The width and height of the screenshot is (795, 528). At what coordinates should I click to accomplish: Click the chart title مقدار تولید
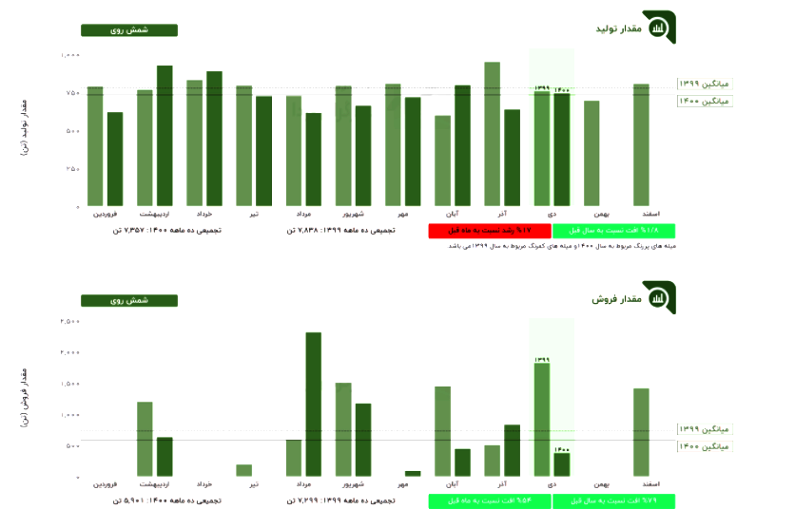[x=618, y=30]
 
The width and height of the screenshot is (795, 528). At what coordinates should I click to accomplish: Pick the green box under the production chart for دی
[x=614, y=231]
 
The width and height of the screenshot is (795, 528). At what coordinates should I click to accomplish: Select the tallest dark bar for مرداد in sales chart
[x=313, y=404]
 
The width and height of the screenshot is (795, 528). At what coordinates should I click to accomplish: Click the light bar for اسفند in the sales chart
[x=641, y=432]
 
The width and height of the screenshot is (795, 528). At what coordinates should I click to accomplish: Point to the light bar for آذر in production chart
[x=492, y=134]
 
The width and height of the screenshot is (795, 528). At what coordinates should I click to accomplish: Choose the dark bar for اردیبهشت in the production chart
[x=165, y=136]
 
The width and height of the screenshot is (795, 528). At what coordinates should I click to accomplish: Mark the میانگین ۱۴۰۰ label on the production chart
[x=705, y=101]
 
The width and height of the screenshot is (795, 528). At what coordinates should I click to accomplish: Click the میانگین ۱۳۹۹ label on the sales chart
[x=705, y=429]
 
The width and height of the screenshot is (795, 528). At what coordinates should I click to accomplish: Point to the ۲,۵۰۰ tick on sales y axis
[x=69, y=322]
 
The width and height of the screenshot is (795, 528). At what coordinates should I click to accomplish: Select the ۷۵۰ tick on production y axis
[x=71, y=93]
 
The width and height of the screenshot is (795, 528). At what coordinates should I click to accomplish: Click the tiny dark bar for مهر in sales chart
[x=413, y=473]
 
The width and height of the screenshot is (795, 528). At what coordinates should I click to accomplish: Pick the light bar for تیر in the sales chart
[x=244, y=470]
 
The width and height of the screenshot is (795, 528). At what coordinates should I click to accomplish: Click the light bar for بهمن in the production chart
[x=591, y=153]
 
